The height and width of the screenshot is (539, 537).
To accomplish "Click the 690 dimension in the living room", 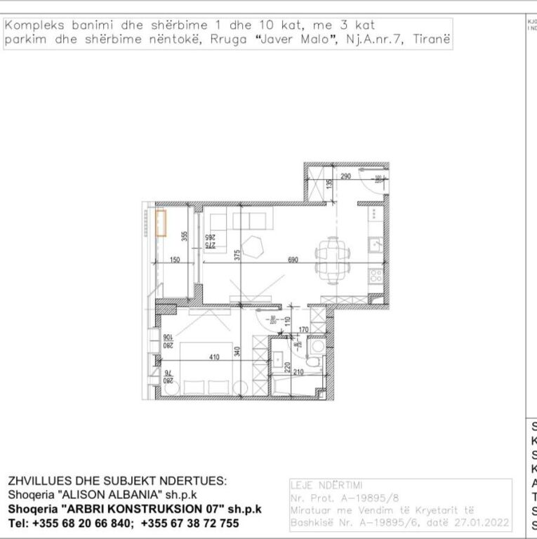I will [293, 260].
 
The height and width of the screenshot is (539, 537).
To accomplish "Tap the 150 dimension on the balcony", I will [175, 260].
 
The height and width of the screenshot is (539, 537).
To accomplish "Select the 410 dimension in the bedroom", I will [215, 357].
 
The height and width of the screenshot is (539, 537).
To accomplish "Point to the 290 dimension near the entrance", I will [345, 177].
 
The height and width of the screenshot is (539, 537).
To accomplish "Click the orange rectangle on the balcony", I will [161, 223].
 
